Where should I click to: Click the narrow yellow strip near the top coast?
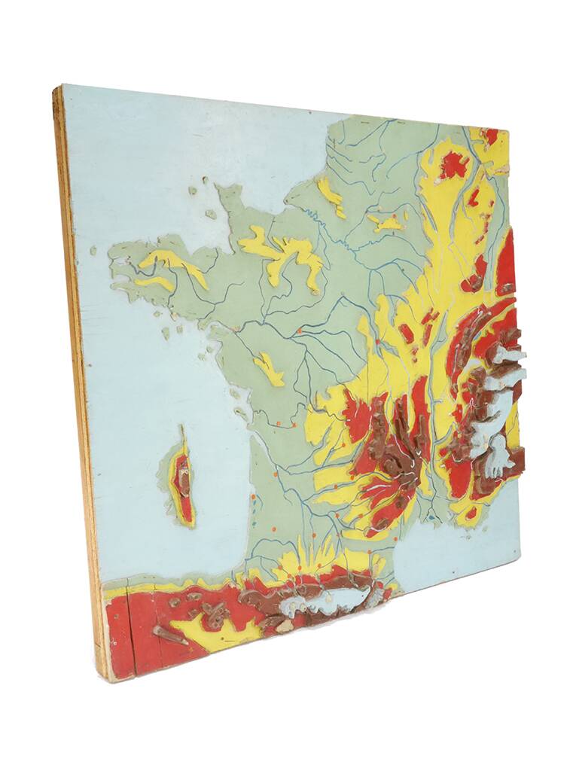click(x=331, y=196)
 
